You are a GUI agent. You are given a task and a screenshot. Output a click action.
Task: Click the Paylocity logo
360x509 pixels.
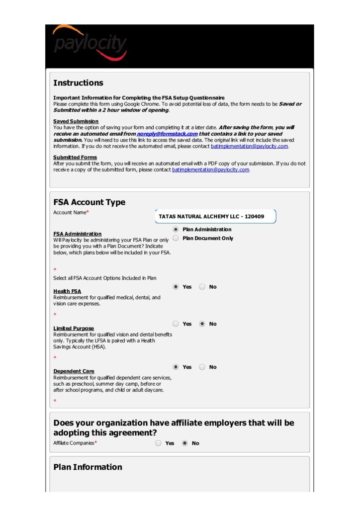[90, 44]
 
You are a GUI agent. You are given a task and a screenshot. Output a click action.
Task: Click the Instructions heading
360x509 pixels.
[78, 83]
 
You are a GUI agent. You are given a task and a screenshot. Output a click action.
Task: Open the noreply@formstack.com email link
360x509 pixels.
[167, 134]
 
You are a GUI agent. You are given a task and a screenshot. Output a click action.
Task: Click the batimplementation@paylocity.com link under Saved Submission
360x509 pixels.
[249, 146]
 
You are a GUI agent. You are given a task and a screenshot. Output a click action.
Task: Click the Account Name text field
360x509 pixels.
[215, 216]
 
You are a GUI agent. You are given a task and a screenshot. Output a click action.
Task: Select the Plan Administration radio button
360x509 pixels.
[176, 230]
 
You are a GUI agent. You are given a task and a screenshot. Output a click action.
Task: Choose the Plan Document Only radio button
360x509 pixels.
[176, 239]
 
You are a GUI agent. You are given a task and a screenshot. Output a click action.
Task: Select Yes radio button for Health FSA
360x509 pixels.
[176, 287]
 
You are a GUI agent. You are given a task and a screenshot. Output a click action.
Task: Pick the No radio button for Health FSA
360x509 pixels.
[202, 287]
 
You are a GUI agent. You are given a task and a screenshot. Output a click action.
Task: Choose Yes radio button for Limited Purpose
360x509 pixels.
[176, 324]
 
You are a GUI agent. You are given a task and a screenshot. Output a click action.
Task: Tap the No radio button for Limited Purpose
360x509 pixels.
[202, 324]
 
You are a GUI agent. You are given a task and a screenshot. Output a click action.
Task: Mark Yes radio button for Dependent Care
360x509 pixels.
[176, 367]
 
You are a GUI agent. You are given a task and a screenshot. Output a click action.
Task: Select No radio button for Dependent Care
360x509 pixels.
[202, 367]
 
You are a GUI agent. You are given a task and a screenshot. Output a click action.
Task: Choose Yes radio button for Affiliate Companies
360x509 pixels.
[158, 443]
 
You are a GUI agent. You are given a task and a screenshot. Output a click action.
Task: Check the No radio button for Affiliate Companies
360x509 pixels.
[184, 443]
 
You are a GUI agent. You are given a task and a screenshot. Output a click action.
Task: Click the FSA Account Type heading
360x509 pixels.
[89, 202]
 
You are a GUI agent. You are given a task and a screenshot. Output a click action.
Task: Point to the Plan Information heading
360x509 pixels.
[88, 467]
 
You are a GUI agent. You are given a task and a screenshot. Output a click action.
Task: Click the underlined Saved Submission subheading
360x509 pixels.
[76, 121]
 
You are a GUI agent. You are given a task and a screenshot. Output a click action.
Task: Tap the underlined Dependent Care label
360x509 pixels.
[74, 371]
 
